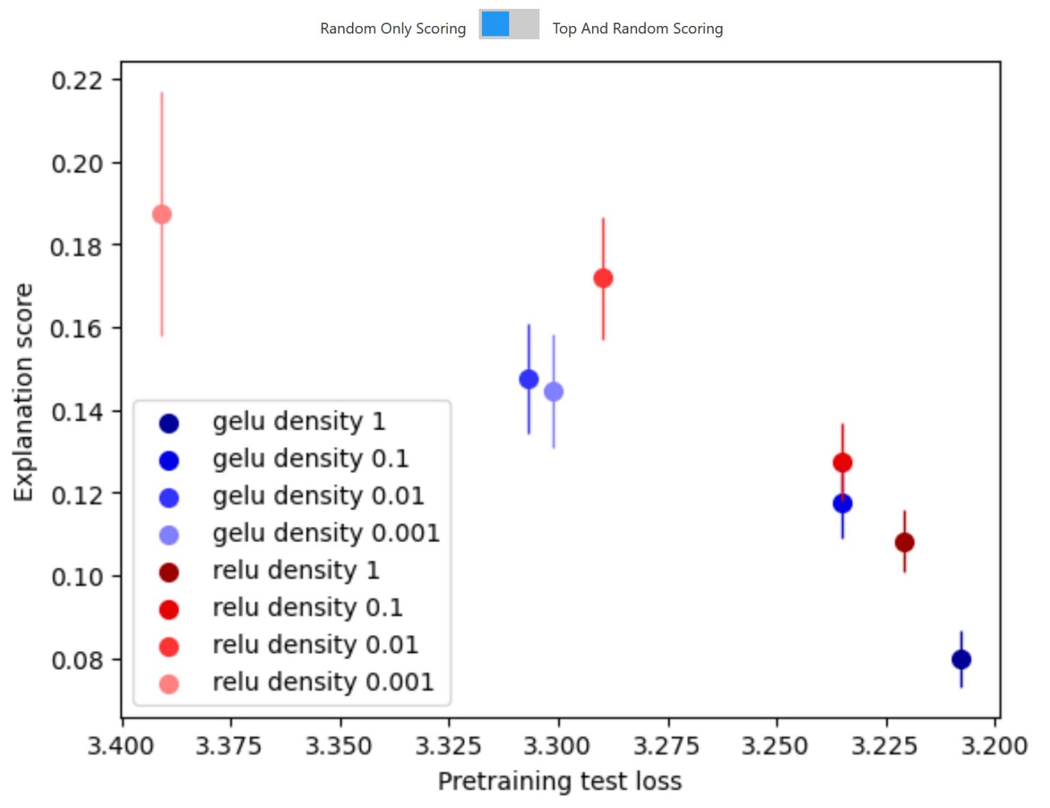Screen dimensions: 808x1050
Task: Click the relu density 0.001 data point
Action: click(x=162, y=215)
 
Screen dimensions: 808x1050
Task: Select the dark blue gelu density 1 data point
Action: click(x=961, y=660)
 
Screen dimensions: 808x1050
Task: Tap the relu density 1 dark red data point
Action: click(x=904, y=543)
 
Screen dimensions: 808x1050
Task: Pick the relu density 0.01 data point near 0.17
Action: click(x=603, y=278)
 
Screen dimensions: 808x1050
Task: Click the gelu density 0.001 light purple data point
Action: click(x=554, y=392)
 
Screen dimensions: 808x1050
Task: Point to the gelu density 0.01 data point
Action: click(x=528, y=379)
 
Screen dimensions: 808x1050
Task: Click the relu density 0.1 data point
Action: click(x=842, y=463)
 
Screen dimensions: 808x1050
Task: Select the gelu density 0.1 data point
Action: click(x=842, y=504)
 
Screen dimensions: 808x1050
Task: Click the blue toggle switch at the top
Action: click(x=509, y=25)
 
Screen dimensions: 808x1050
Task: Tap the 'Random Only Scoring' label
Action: click(x=393, y=29)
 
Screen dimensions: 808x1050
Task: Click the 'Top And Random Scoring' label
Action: click(x=637, y=29)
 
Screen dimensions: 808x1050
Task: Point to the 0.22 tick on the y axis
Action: click(x=77, y=81)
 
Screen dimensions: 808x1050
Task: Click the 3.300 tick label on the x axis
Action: click(x=557, y=746)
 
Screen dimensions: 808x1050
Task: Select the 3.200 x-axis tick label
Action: click(x=994, y=746)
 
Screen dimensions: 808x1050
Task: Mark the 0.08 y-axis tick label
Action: click(x=77, y=660)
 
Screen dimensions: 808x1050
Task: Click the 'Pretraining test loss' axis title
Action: click(x=559, y=781)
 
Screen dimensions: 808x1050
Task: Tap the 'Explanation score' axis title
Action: click(x=24, y=392)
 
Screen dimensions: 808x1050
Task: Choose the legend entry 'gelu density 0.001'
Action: click(x=325, y=533)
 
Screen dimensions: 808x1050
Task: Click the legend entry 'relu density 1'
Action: click(x=295, y=570)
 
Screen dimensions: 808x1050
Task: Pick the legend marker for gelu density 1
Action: click(x=169, y=424)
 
